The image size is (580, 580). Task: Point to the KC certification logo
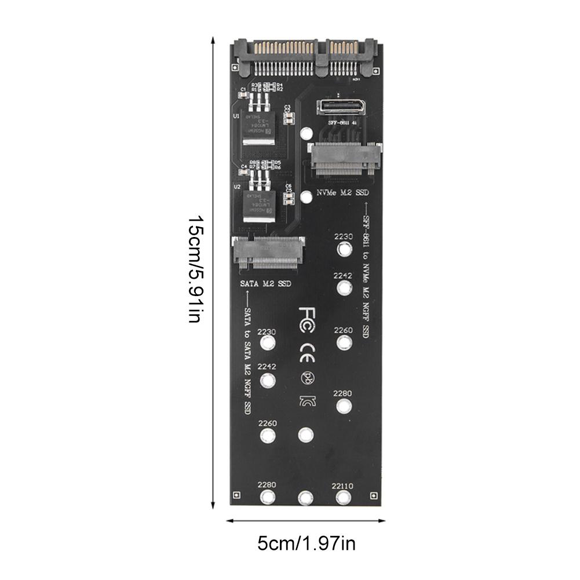tap(307, 402)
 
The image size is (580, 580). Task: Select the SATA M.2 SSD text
tap(265, 284)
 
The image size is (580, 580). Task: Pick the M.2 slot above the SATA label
tap(267, 253)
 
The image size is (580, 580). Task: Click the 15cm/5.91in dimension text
tap(195, 270)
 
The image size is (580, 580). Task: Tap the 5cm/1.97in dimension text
tap(307, 545)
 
